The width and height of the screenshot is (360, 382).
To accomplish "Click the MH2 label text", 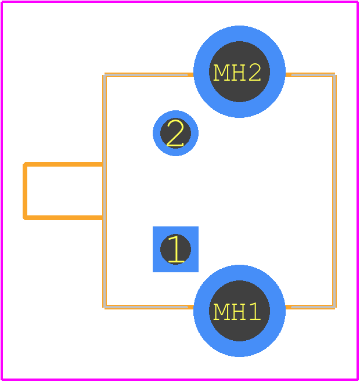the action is (237, 73).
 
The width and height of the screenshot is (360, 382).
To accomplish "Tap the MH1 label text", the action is (237, 311).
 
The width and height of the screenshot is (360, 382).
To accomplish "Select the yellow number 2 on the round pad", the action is (175, 134).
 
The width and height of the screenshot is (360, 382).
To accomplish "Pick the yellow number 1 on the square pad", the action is (176, 249).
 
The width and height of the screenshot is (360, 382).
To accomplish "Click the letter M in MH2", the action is (221, 73).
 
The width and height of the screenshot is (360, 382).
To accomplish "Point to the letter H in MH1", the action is (238, 312).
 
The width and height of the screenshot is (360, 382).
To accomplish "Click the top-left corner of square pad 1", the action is (153, 226).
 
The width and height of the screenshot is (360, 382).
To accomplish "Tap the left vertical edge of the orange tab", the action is (24, 191).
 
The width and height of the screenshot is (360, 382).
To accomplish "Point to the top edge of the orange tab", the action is (63, 164).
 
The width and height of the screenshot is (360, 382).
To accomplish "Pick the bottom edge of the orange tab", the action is (63, 218).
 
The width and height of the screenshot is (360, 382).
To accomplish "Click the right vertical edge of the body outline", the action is (334, 191).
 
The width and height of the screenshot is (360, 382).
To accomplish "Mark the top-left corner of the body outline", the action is (105, 75).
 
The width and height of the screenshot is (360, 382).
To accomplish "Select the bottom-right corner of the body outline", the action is (334, 307).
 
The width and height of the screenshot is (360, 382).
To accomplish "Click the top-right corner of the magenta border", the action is (358, 2).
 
